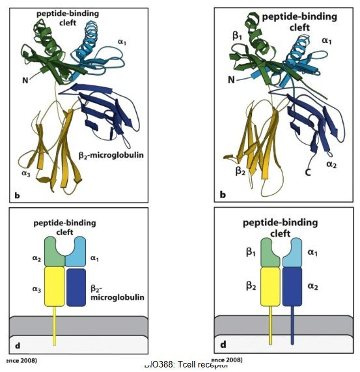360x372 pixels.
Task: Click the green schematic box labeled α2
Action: (x=55, y=252)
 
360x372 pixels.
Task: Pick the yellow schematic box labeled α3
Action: (x=55, y=287)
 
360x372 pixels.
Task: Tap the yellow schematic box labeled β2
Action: (x=270, y=287)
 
